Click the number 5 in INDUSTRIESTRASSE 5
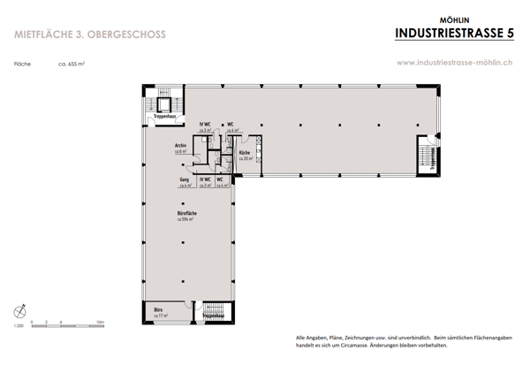point(509,34)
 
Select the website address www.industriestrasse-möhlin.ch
point(456,63)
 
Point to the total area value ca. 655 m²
point(72,64)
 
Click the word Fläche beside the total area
point(23,64)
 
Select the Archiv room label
point(180,147)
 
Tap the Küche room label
point(244,153)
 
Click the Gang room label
point(185,180)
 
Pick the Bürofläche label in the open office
point(185,214)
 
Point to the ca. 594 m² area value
point(185,219)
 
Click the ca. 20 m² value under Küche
point(245,159)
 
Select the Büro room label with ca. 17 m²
point(158,309)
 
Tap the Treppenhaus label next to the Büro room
point(213,314)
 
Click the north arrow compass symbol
point(21,311)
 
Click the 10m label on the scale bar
point(101,323)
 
